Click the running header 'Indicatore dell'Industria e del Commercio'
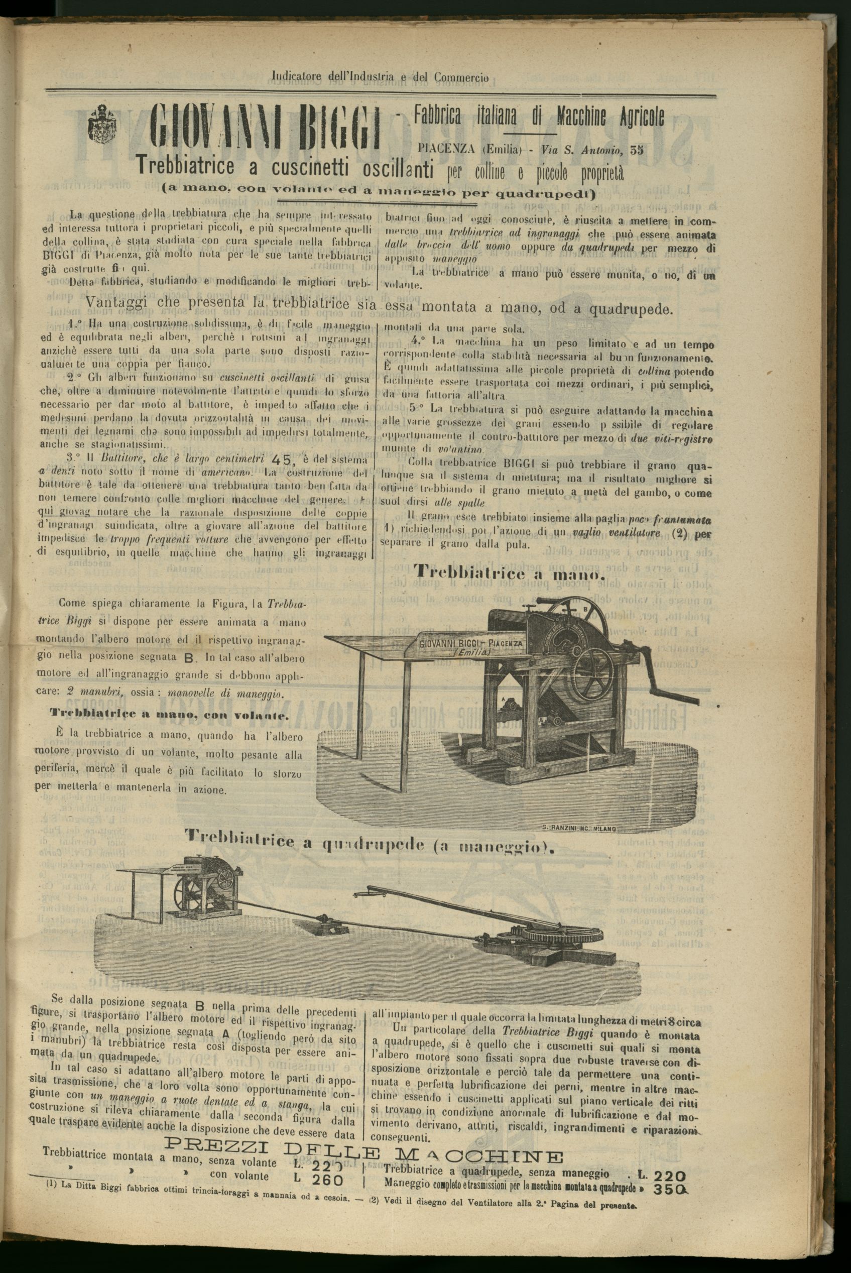pyautogui.click(x=380, y=78)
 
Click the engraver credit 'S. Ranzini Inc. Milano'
pyautogui.click(x=580, y=829)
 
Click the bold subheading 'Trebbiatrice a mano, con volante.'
pyautogui.click(x=169, y=715)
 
